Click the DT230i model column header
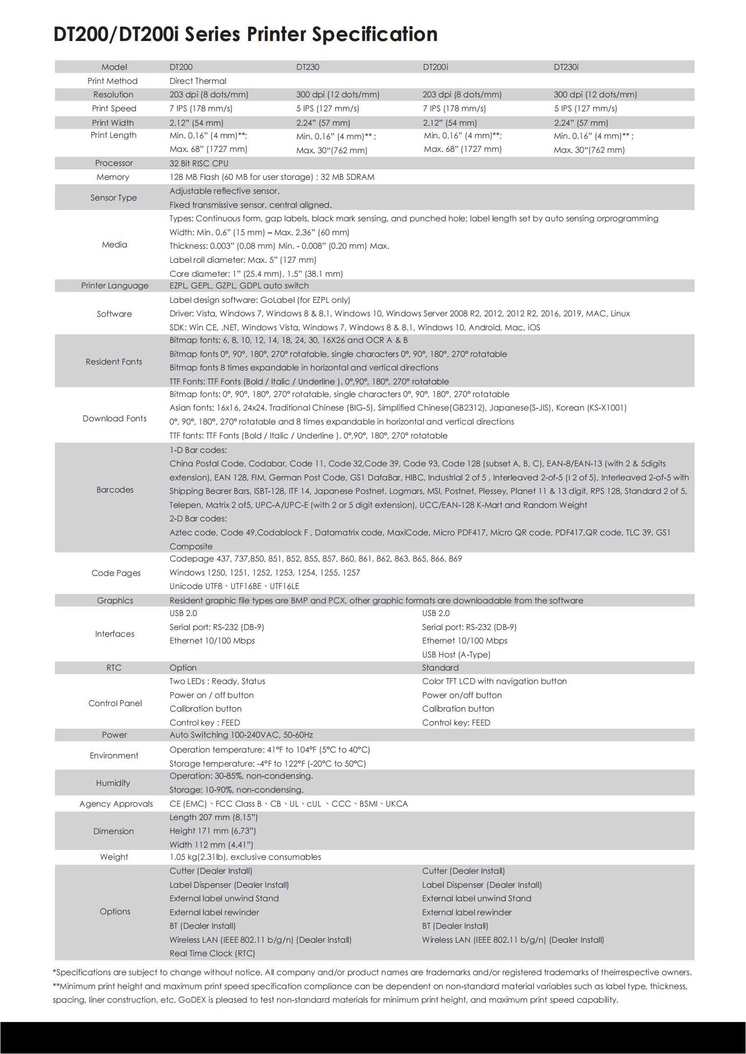(x=566, y=67)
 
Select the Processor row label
(x=114, y=163)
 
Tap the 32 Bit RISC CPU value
(x=198, y=164)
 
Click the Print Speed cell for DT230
(x=327, y=108)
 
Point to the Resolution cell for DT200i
(x=462, y=95)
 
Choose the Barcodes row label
(x=115, y=490)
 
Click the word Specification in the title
(x=374, y=34)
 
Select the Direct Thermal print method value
(x=198, y=81)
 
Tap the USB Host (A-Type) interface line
(x=456, y=655)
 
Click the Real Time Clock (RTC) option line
(x=212, y=954)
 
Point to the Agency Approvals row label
(x=116, y=804)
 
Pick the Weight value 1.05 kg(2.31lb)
(x=245, y=857)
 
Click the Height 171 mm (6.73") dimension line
(x=212, y=831)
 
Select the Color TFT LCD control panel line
(x=494, y=681)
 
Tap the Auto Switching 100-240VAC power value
(x=241, y=735)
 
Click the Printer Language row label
(x=115, y=286)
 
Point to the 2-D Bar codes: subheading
(x=198, y=519)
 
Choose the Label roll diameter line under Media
(x=243, y=260)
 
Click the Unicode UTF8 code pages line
(x=234, y=586)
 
